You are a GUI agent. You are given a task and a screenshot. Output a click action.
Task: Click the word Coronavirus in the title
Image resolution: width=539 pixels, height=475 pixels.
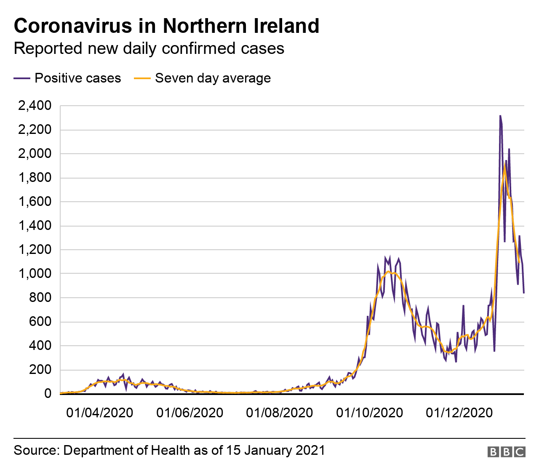pos(73,26)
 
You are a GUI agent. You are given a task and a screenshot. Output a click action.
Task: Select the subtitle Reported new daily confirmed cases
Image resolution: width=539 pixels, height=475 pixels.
pos(149,48)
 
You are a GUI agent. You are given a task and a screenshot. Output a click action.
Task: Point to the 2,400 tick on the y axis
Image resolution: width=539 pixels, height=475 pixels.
pos(34,106)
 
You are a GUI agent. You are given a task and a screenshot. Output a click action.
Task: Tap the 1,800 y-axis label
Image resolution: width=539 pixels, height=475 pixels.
pos(34,178)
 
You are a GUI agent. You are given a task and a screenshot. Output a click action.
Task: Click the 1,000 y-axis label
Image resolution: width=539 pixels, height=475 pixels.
pos(34,274)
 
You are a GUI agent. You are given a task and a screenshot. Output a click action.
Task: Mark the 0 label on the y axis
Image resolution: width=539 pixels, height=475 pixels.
pos(48,394)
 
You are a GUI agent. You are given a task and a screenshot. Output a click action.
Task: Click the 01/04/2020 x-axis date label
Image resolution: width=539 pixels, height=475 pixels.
pos(99,413)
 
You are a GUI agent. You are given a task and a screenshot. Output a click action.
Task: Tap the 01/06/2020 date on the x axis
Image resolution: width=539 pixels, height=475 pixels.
pos(189,413)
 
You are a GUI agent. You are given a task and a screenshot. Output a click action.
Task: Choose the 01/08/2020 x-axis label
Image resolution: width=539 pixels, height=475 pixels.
pos(279,413)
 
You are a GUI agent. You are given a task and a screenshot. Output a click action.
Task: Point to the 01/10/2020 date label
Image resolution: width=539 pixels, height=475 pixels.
pos(369,413)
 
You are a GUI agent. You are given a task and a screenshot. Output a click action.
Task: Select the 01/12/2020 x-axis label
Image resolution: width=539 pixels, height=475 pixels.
pos(459,413)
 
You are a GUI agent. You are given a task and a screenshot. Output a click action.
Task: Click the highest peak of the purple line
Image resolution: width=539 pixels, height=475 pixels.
pos(500,116)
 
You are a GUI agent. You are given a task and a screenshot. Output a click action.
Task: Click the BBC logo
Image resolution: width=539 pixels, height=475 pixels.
pos(506,452)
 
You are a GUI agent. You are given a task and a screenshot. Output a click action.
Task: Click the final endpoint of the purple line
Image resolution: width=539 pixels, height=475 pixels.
pos(523,293)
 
